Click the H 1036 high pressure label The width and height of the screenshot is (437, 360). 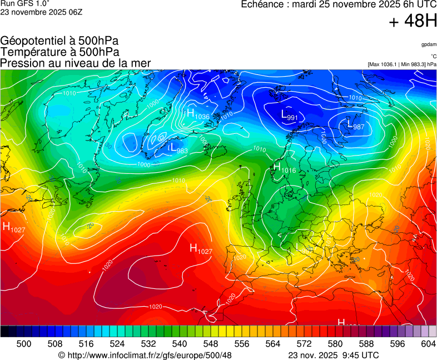point(198,114)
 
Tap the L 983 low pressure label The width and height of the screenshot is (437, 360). point(178,148)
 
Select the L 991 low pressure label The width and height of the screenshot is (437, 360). point(289,116)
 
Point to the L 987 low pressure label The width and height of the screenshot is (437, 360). point(355,127)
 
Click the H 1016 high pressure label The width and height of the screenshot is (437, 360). point(284,167)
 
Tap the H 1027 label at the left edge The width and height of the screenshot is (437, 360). point(14,227)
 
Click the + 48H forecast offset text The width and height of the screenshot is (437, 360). point(413,22)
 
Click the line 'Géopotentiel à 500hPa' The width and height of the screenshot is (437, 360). point(59,41)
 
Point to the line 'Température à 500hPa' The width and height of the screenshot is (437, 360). point(59,52)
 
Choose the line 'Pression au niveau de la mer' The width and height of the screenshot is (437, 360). point(76,63)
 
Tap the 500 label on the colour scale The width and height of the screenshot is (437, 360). point(24,344)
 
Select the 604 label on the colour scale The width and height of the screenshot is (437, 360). point(428,344)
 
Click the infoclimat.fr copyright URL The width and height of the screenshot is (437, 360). point(145,355)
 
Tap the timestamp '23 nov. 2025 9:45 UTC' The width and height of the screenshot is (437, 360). point(334,355)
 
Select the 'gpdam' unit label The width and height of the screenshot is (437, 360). point(429,44)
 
